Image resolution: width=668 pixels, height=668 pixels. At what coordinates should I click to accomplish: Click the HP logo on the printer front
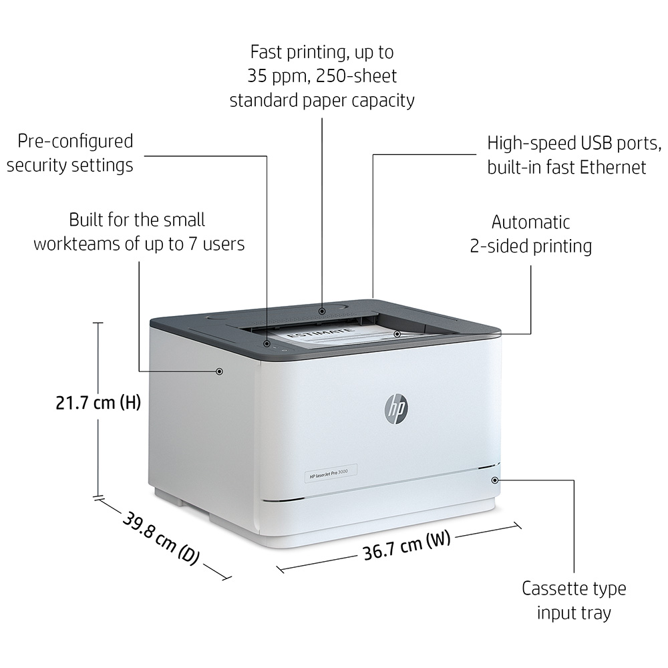[395, 409]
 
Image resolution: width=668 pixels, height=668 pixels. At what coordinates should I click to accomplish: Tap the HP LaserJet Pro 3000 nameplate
[330, 474]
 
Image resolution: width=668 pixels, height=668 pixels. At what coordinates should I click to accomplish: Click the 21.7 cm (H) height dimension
[98, 403]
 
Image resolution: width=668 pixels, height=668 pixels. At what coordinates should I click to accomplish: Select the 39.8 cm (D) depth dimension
[161, 539]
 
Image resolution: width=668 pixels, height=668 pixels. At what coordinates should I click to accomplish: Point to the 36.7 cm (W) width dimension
[406, 546]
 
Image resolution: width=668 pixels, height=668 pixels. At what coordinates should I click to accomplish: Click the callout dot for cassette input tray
[494, 480]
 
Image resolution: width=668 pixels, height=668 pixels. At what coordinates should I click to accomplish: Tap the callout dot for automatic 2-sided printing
[397, 334]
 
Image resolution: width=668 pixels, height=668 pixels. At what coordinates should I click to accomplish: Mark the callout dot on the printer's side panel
[219, 371]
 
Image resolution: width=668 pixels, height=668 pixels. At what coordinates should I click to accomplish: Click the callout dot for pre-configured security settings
[267, 343]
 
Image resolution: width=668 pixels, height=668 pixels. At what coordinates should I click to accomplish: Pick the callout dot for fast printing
[322, 311]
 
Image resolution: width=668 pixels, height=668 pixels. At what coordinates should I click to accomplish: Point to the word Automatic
[531, 222]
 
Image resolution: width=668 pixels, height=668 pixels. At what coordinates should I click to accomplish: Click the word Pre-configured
[75, 142]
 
